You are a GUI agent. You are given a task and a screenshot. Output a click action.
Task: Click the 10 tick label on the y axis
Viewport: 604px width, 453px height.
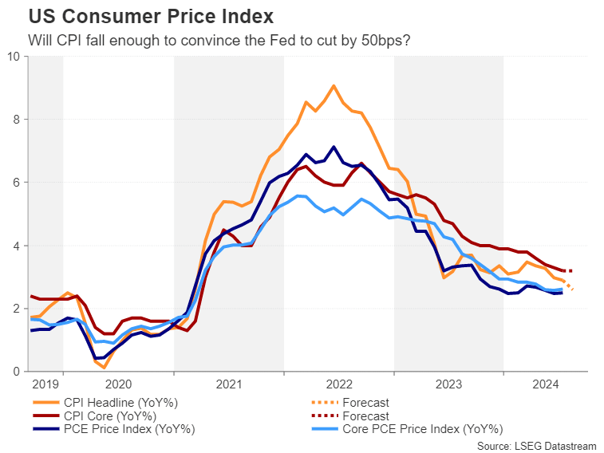pyautogui.click(x=14, y=56)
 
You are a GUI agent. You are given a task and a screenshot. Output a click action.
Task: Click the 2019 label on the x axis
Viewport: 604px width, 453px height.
pyautogui.click(x=45, y=383)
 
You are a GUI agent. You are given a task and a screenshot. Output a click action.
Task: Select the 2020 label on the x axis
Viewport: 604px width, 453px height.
pyautogui.click(x=118, y=383)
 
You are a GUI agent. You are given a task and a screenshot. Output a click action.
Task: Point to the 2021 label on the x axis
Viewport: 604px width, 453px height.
pyautogui.click(x=228, y=383)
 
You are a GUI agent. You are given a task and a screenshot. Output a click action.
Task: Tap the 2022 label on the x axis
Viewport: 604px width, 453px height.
pyautogui.click(x=338, y=383)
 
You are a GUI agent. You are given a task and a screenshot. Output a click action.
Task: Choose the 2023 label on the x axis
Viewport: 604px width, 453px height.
pyautogui.click(x=448, y=383)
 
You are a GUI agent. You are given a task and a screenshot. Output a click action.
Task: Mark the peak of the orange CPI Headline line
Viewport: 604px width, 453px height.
pyautogui.click(x=334, y=85)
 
